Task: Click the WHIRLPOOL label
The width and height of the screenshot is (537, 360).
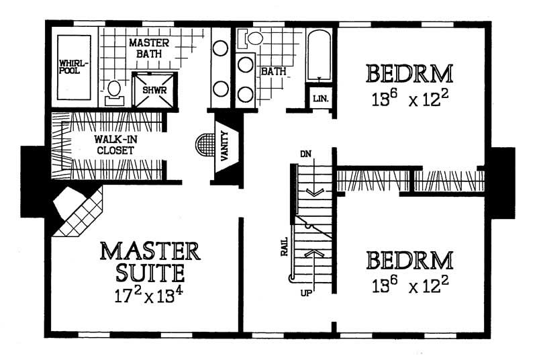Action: coord(72,66)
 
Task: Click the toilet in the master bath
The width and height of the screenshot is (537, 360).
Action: coord(114,91)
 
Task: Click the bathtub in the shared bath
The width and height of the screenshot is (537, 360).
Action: coord(319,54)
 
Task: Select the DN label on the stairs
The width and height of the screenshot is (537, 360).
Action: coord(305,154)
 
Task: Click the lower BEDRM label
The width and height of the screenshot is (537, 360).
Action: coord(409,260)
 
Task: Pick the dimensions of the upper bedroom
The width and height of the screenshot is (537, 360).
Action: coord(409,100)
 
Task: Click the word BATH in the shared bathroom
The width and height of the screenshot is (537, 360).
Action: coord(274,70)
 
